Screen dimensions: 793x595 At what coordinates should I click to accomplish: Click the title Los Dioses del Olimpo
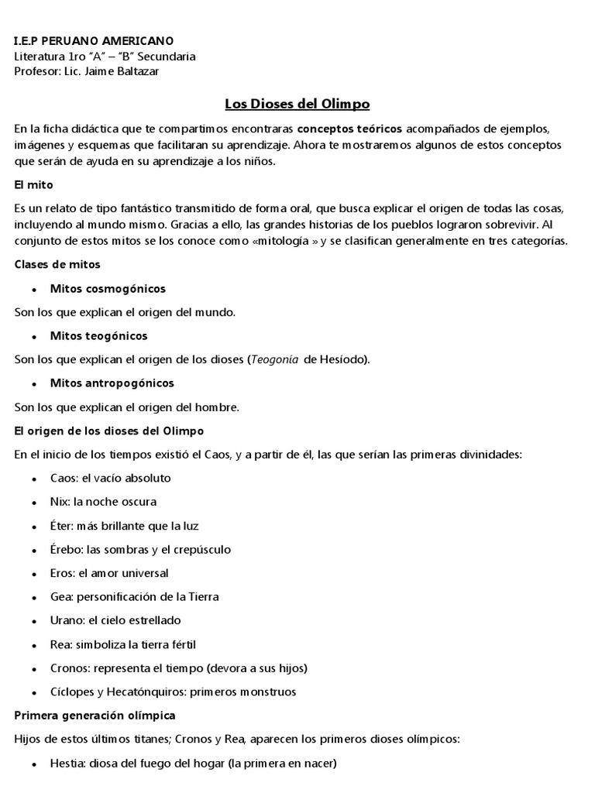tap(297, 103)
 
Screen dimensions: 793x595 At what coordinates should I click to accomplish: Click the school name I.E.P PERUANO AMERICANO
tap(94, 40)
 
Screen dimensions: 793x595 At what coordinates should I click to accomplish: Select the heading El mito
tap(33, 186)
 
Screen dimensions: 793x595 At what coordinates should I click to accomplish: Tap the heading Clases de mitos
tap(57, 265)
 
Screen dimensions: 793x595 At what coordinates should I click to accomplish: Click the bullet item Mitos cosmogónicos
tap(108, 289)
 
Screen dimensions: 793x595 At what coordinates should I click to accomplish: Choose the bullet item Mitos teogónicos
tap(98, 336)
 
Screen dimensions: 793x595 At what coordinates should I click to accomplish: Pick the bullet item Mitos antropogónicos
tap(112, 383)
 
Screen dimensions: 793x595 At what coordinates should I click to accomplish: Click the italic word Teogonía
tap(276, 360)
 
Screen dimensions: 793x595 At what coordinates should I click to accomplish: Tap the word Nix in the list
tap(59, 502)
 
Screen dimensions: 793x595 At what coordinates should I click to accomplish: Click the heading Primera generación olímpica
tap(95, 715)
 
